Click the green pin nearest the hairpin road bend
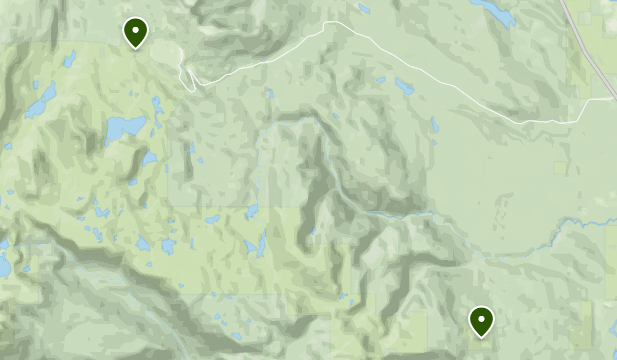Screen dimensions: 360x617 [x=135, y=32]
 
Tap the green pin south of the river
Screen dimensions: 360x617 [x=481, y=320]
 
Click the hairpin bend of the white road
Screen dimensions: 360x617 [x=189, y=73]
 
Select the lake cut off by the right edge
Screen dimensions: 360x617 [x=614, y=327]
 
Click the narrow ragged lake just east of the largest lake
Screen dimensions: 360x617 [x=157, y=111]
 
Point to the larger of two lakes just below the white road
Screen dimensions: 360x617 [x=404, y=86]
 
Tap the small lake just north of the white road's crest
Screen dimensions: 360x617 [x=364, y=8]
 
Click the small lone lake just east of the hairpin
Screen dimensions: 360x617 [x=271, y=94]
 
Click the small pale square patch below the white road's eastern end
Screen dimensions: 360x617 [x=560, y=168]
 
